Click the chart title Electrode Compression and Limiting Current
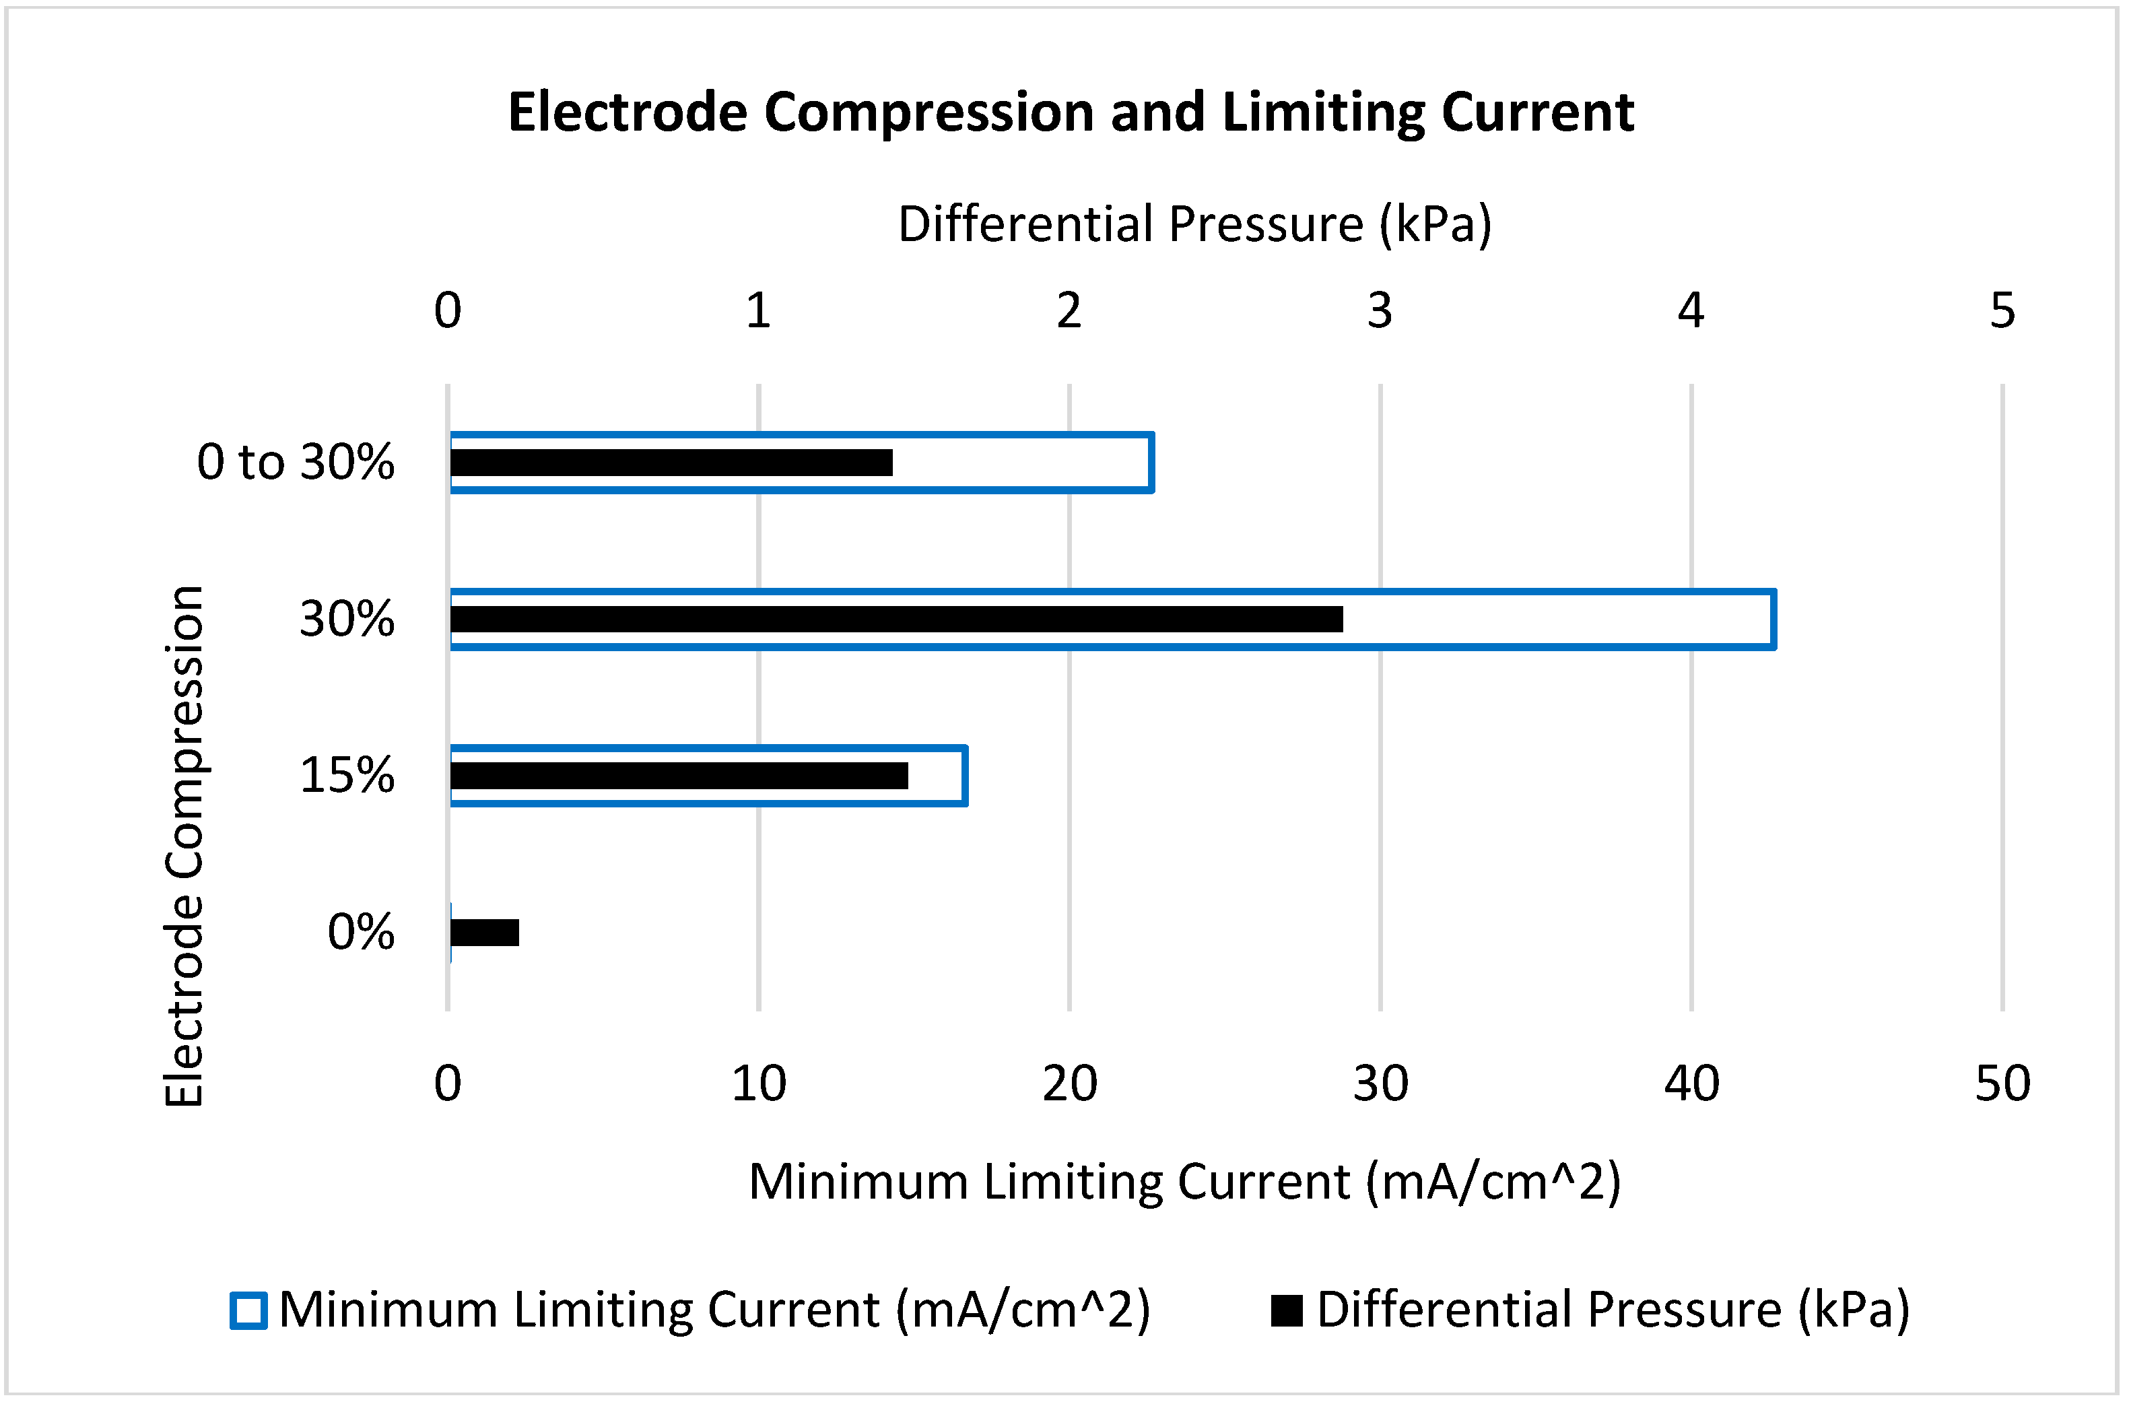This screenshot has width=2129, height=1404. [x=1071, y=113]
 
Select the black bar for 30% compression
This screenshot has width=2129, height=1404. [x=895, y=620]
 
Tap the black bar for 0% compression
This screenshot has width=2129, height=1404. [x=484, y=933]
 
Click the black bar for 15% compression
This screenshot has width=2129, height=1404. [x=679, y=776]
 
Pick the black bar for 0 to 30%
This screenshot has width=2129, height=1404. [x=671, y=463]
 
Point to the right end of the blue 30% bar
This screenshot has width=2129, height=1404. [x=1773, y=620]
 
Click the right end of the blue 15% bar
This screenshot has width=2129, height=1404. [x=964, y=776]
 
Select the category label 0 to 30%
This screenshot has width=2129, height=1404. [x=296, y=463]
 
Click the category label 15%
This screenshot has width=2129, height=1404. [x=347, y=776]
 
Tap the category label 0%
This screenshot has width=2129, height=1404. [x=361, y=933]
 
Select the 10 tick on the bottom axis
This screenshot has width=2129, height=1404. [x=758, y=1084]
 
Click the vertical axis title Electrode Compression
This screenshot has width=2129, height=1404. [x=185, y=846]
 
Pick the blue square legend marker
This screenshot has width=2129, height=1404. [x=248, y=1311]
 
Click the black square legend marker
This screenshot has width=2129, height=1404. [x=1287, y=1311]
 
